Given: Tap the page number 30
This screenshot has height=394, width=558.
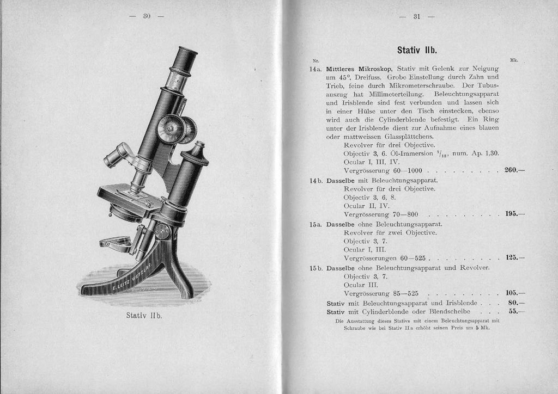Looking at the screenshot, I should [x=147, y=16].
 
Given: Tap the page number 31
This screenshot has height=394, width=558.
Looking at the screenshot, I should [x=416, y=16].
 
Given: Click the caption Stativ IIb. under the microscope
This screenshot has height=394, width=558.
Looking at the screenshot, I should [x=144, y=315].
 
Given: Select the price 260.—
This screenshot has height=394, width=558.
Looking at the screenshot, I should [x=514, y=170].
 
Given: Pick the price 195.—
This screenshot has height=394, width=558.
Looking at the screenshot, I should [x=514, y=214].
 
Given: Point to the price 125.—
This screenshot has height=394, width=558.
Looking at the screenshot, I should [x=514, y=257].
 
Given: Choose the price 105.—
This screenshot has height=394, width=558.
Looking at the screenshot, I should [x=514, y=293].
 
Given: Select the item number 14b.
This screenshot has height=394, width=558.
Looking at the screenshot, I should [x=317, y=180].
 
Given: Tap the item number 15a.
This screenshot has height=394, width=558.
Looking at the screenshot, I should [x=317, y=224].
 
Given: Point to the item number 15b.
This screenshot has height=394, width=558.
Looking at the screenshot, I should [x=317, y=268].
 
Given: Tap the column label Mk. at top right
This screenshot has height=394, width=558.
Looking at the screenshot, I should [x=513, y=60].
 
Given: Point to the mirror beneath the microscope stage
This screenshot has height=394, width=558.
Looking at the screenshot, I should [x=116, y=242].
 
